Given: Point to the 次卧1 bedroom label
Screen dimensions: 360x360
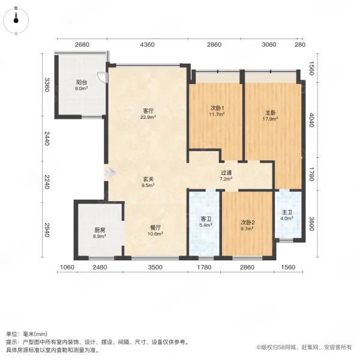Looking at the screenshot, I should point(215,108).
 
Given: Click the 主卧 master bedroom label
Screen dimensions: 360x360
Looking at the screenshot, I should point(271,112).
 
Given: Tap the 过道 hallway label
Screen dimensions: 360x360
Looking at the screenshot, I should point(226,172).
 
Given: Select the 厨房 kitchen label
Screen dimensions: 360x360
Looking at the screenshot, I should point(100,230).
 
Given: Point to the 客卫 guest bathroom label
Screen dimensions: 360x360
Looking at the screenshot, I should point(205,219).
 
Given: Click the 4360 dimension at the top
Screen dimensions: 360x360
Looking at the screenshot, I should point(148,45).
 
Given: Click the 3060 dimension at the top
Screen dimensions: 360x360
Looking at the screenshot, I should point(268,45).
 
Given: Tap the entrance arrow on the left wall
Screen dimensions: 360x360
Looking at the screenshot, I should point(110,173).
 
